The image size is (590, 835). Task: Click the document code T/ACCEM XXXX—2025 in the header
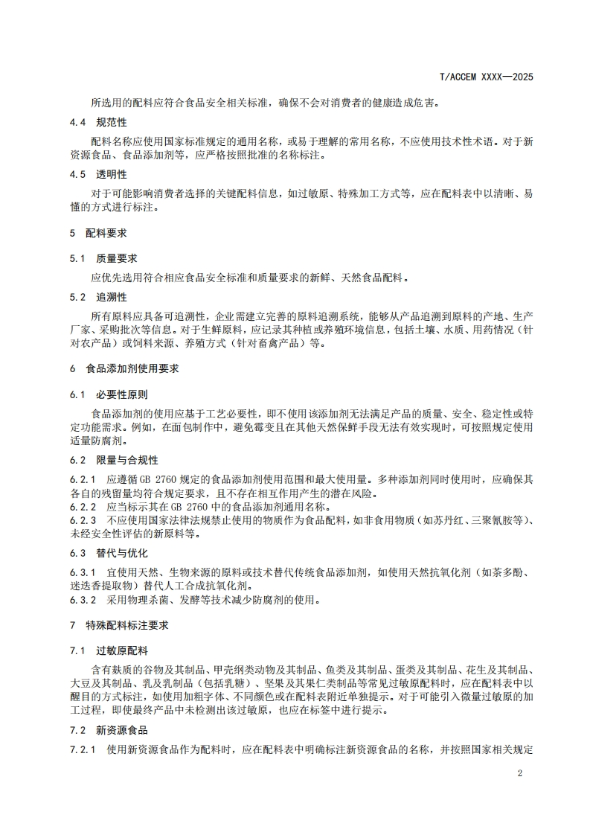pos(487,77)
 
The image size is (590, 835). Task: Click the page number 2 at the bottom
pos(520,773)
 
